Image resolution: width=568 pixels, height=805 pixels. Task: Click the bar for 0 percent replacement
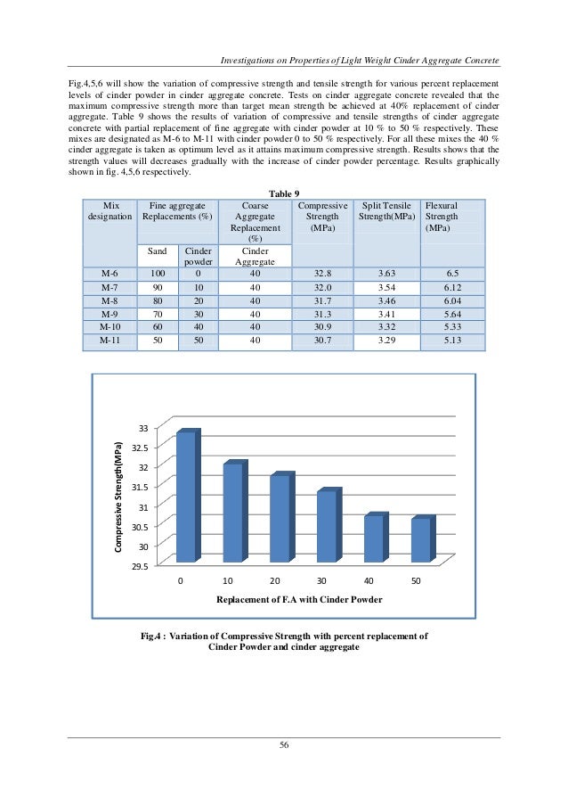[x=185, y=497]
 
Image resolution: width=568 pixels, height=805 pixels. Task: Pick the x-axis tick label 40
[x=369, y=580]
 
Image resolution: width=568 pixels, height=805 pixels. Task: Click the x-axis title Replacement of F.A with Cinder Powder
[x=298, y=600]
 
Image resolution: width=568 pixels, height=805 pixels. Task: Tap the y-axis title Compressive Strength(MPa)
[x=117, y=495]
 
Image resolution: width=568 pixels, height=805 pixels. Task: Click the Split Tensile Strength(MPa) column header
[x=386, y=210]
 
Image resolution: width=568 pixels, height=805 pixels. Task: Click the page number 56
[x=284, y=745]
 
